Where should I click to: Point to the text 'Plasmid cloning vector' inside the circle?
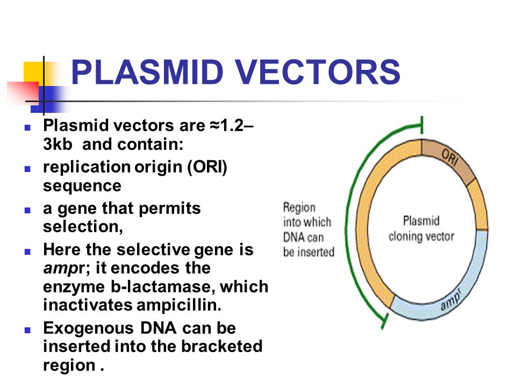421,228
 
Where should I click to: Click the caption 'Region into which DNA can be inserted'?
308,230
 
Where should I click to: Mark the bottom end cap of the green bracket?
383,321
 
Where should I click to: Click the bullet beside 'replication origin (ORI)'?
27,168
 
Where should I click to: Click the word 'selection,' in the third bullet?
83,226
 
